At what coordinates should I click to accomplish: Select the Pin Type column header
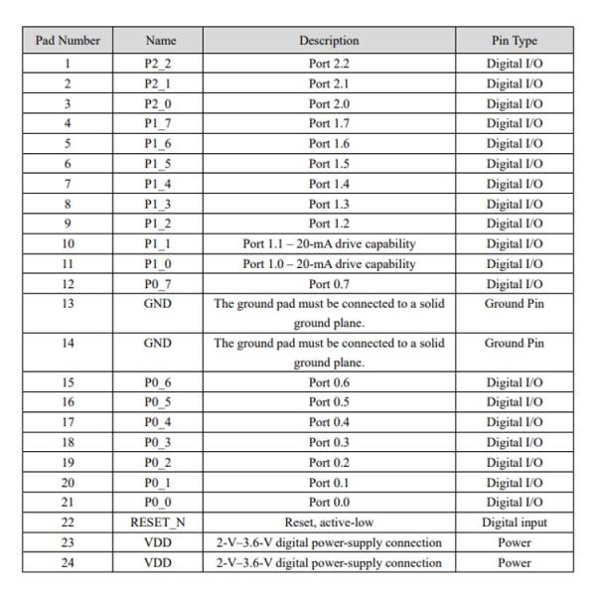pyautogui.click(x=514, y=41)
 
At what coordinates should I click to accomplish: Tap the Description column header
pyautogui.click(x=329, y=41)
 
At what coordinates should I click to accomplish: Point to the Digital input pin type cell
pyautogui.click(x=514, y=522)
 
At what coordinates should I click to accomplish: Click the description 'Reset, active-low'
pyautogui.click(x=329, y=522)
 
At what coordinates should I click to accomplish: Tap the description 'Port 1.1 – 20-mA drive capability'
pyautogui.click(x=329, y=243)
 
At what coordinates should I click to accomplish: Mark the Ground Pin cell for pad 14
pyautogui.click(x=514, y=343)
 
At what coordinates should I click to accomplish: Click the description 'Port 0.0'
pyautogui.click(x=329, y=503)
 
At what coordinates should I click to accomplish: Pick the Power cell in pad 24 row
pyautogui.click(x=514, y=563)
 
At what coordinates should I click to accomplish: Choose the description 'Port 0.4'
pyautogui.click(x=329, y=423)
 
